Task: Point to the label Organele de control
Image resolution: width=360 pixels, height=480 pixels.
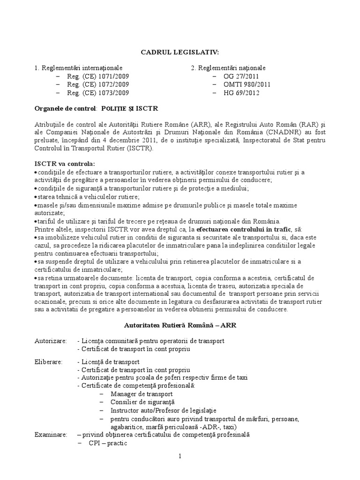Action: coord(65,109)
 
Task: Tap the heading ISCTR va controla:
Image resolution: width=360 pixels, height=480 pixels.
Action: coord(65,164)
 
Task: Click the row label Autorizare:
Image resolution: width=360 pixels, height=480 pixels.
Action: coord(51,340)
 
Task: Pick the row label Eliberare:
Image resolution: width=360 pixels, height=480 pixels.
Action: coord(50,362)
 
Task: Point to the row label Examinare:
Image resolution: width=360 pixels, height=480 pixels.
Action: coord(51,435)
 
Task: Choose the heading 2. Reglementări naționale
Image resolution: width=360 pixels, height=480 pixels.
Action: coord(228,68)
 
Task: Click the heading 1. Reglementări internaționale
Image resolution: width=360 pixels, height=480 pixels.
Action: coord(78,68)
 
